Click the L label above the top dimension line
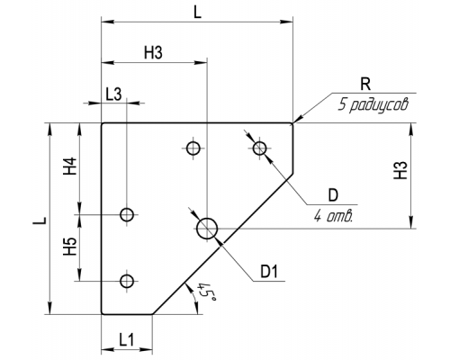(197, 13)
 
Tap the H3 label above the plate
(153, 53)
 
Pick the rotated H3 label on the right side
(400, 170)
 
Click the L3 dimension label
(113, 94)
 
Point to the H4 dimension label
(70, 166)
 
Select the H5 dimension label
(70, 247)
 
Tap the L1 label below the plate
(126, 340)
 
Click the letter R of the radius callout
(365, 85)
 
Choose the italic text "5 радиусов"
(373, 105)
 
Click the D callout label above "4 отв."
(333, 195)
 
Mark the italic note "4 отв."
(333, 216)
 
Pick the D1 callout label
(269, 272)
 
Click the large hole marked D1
(207, 229)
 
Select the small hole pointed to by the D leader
(259, 148)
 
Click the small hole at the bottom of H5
(127, 281)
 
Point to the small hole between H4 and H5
(127, 214)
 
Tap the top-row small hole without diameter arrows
(193, 148)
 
